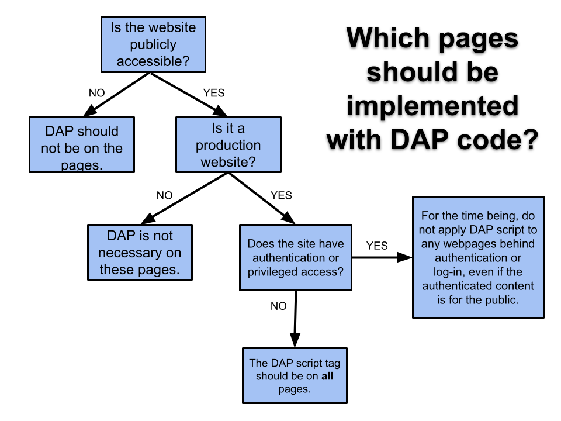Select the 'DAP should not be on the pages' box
82,145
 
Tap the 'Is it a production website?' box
228,145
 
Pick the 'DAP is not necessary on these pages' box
140,253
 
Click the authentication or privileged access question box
296,257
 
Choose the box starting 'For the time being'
478,257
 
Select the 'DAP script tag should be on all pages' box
295,375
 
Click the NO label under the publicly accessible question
97,93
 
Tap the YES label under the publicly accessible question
213,93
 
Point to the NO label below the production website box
164,195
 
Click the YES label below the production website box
282,195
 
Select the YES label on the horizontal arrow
377,246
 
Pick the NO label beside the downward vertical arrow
278,306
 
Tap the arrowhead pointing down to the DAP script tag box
295,340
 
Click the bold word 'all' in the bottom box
327,376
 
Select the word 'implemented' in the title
432,107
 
